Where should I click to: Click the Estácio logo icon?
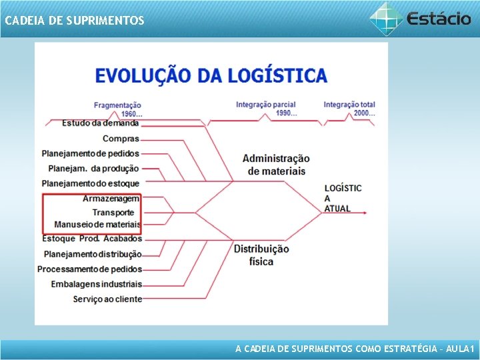coord(386,17)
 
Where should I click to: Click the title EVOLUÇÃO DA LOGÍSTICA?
coord(211,75)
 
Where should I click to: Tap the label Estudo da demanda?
coord(100,123)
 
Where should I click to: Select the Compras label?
coord(121,139)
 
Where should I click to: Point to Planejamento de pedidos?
coord(90,153)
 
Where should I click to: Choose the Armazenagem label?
coord(111,199)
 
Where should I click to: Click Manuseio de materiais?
coord(97,225)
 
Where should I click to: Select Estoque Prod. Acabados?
coord(92,239)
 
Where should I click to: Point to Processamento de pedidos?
coord(89,269)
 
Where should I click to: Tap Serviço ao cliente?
coord(107,299)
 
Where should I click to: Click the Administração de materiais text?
coord(276,165)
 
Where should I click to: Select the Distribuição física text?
coord(261,255)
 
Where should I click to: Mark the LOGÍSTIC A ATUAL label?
coord(343,198)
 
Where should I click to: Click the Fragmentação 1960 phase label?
coord(117,109)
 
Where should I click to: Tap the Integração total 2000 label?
coord(349,109)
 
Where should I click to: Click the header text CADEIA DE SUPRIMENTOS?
coord(74,21)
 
